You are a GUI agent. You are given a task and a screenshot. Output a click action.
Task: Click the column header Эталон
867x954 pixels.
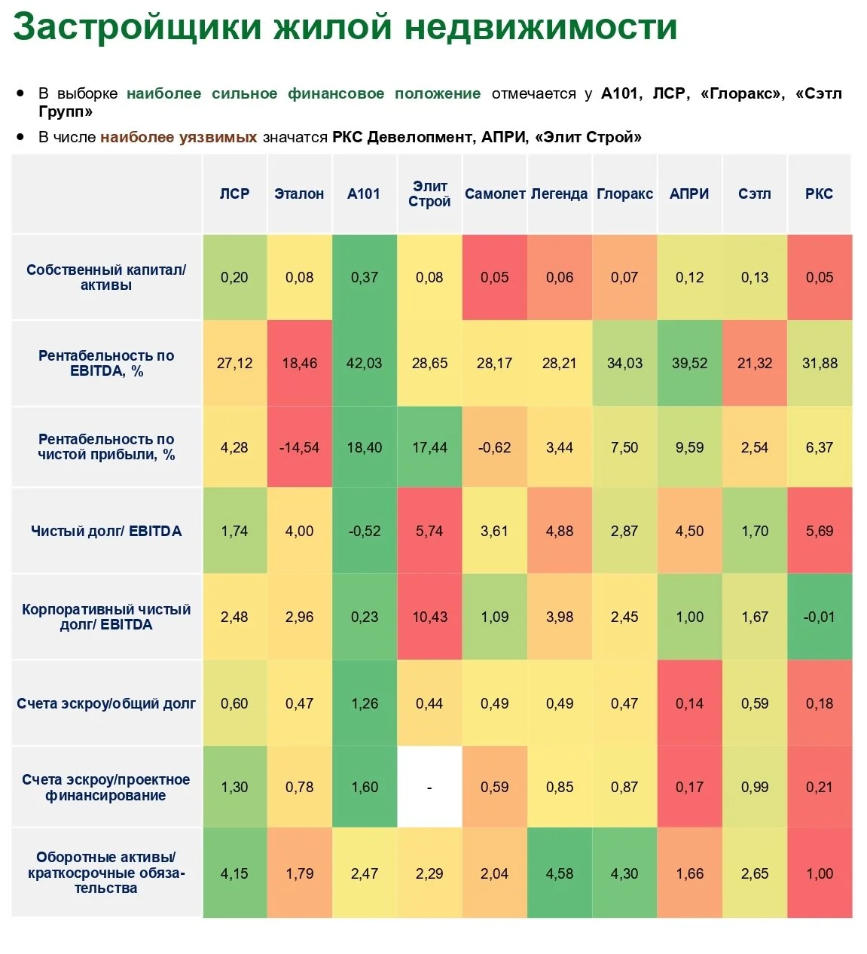pyautogui.click(x=299, y=194)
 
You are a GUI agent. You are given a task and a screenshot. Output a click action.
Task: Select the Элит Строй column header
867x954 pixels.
pyautogui.click(x=429, y=194)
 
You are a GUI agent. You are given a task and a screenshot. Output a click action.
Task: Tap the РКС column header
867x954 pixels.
pyautogui.click(x=819, y=194)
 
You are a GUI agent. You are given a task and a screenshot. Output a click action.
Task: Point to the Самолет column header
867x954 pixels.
pyautogui.click(x=495, y=194)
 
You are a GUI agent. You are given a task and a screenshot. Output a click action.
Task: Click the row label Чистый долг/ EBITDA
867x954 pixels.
pyautogui.click(x=106, y=531)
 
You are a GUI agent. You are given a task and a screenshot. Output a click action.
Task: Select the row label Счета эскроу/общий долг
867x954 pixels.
pyautogui.click(x=106, y=703)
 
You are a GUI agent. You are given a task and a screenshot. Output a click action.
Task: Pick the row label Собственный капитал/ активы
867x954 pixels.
pyautogui.click(x=106, y=277)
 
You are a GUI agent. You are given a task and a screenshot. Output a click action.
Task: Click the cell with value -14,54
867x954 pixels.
pyautogui.click(x=299, y=447)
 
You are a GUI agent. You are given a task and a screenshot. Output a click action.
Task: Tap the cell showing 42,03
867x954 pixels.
pyautogui.click(x=365, y=364)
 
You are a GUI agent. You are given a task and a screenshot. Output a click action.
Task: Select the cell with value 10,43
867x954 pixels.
pyautogui.click(x=429, y=617)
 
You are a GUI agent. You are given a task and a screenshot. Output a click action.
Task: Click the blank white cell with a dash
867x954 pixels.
pyautogui.click(x=429, y=787)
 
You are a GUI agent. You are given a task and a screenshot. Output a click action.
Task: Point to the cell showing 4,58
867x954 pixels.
pyautogui.click(x=560, y=873)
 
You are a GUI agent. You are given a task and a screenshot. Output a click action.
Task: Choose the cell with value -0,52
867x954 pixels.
pyautogui.click(x=365, y=531)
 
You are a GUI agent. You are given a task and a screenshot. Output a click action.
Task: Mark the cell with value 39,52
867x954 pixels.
pyautogui.click(x=689, y=364)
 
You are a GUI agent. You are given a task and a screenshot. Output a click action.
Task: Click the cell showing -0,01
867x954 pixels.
pyautogui.click(x=820, y=617)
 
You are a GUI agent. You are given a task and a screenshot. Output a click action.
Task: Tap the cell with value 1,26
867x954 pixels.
pyautogui.click(x=365, y=703)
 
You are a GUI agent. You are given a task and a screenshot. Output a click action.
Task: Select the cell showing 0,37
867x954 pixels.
pyautogui.click(x=365, y=277)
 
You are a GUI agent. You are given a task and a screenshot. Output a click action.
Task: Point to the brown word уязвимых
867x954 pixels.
pyautogui.click(x=218, y=138)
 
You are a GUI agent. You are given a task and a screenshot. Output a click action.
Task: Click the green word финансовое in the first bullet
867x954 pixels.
pyautogui.click(x=336, y=93)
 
